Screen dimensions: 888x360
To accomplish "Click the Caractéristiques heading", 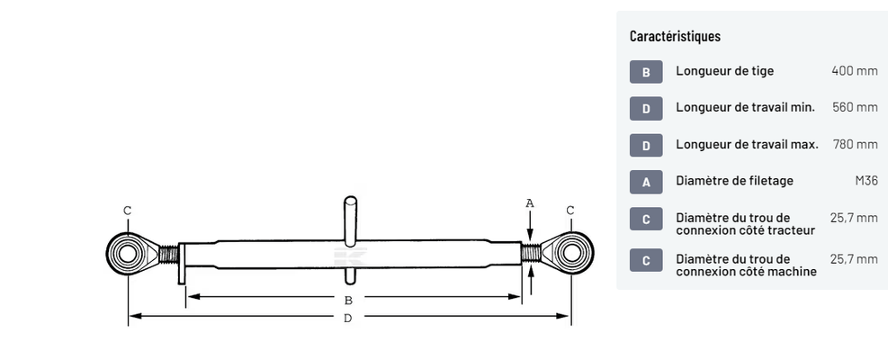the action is coord(675,36).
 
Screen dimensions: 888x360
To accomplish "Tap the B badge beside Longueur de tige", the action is coord(646,72).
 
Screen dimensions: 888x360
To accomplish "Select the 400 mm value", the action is coord(855,71).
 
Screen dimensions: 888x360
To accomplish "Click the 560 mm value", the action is coord(855,107).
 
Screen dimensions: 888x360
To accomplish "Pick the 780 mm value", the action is coord(855,144).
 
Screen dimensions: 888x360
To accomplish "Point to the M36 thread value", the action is coord(866,181).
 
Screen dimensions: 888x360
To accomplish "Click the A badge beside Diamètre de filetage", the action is coord(646,182).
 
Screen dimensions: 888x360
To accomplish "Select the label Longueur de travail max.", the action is coord(747,144).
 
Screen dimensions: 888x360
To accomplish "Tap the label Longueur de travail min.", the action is coord(745,107).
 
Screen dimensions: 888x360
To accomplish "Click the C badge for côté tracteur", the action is coord(646,219).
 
